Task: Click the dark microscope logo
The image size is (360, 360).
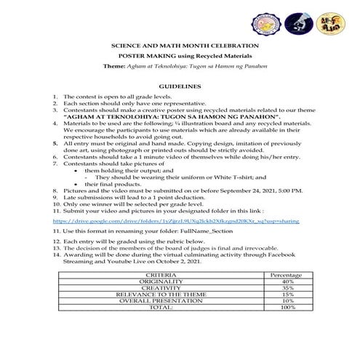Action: point(298,23)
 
